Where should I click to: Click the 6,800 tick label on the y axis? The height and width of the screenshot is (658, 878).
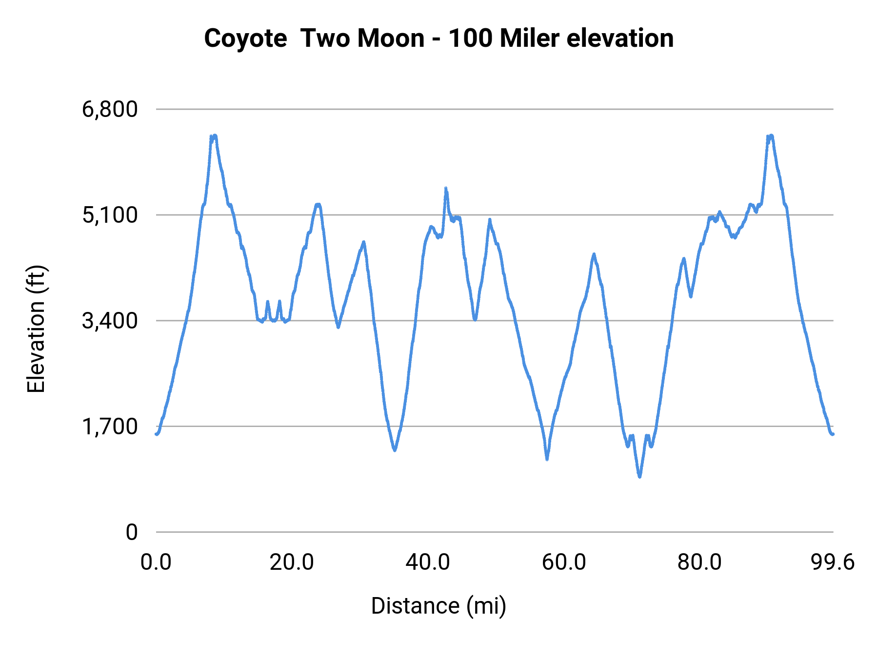[110, 110]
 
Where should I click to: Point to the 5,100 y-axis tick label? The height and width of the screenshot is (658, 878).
[110, 215]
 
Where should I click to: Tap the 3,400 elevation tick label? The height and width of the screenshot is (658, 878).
[110, 321]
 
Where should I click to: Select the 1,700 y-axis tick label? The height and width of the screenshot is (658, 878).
[110, 426]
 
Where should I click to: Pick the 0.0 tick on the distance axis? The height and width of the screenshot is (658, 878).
[156, 562]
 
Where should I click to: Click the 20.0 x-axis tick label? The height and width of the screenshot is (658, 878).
[292, 562]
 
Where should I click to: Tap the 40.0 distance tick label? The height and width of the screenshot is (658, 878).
[428, 562]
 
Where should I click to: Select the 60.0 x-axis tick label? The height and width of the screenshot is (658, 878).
[564, 562]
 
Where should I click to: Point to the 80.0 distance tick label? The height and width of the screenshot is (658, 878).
[699, 562]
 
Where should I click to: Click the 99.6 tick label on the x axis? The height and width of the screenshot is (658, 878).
[833, 562]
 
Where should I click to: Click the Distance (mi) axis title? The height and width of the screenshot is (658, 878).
[439, 606]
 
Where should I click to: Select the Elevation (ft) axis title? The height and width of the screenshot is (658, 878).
[36, 329]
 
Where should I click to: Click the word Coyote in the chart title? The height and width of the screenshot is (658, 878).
[245, 39]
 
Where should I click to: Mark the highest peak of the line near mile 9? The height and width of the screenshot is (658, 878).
[215, 136]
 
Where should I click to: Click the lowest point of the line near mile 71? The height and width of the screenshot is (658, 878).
[639, 476]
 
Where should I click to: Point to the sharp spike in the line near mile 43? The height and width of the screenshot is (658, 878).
[446, 189]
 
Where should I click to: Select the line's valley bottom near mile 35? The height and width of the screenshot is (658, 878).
[395, 450]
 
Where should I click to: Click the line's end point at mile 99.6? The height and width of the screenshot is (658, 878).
[833, 434]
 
